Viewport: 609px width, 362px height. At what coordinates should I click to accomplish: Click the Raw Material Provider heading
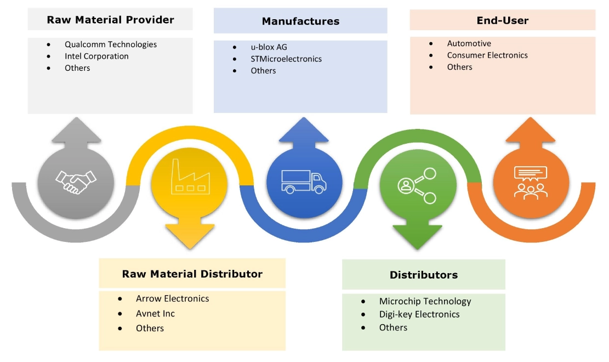(110, 20)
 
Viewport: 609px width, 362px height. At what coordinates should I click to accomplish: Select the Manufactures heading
(300, 21)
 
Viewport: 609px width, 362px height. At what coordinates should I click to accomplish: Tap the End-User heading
(502, 20)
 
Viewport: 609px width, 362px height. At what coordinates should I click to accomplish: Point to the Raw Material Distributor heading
(192, 274)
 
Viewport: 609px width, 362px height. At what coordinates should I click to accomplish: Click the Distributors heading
(423, 275)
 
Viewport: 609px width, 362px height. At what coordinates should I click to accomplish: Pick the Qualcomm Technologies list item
(110, 44)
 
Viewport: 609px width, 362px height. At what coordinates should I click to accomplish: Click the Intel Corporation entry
(96, 56)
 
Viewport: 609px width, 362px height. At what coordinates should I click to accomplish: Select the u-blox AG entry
(269, 47)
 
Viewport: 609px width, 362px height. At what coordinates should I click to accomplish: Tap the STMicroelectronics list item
(286, 59)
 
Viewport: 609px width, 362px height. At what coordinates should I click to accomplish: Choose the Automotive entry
(469, 43)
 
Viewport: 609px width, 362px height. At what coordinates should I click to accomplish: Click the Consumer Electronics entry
(487, 55)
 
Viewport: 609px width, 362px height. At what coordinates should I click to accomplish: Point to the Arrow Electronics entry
(172, 299)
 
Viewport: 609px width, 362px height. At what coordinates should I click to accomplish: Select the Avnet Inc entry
(155, 314)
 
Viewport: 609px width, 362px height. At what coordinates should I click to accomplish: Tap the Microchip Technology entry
(425, 301)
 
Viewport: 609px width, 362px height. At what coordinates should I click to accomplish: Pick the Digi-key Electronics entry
(419, 314)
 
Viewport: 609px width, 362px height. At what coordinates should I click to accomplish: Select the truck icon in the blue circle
(304, 181)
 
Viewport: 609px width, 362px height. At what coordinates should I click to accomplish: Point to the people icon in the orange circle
(530, 182)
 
